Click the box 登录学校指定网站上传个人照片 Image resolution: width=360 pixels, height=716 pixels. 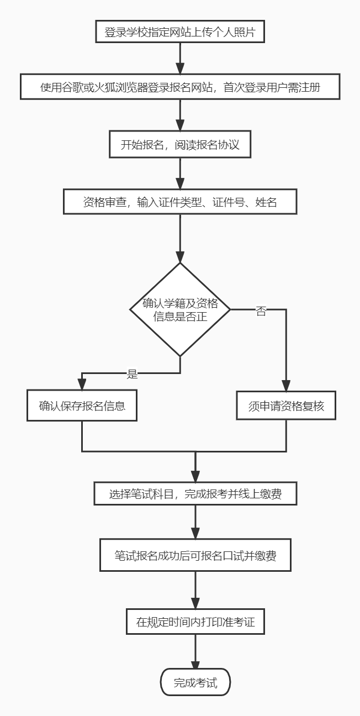[180, 32]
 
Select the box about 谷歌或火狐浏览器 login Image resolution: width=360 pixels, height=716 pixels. [180, 87]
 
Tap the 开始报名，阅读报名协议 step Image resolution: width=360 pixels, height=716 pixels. [180, 145]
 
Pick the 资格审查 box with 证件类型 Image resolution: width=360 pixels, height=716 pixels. [180, 202]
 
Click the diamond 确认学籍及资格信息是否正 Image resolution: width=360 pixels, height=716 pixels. [180, 309]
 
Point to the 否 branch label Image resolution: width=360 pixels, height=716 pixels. [261, 311]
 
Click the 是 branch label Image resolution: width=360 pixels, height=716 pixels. [132, 375]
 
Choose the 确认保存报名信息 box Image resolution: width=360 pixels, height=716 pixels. [82, 406]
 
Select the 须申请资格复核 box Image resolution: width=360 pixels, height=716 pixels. [286, 406]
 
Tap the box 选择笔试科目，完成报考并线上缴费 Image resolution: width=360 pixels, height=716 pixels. [195, 494]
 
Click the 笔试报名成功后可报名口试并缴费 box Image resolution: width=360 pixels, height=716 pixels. [195, 555]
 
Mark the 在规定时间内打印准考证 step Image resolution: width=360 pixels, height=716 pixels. [195, 622]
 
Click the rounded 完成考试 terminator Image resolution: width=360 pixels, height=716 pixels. [195, 683]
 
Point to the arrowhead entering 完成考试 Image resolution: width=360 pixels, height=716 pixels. [195, 665]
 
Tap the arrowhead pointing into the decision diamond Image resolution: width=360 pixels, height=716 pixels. [180, 257]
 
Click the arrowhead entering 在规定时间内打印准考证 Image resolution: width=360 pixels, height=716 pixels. [195, 603]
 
